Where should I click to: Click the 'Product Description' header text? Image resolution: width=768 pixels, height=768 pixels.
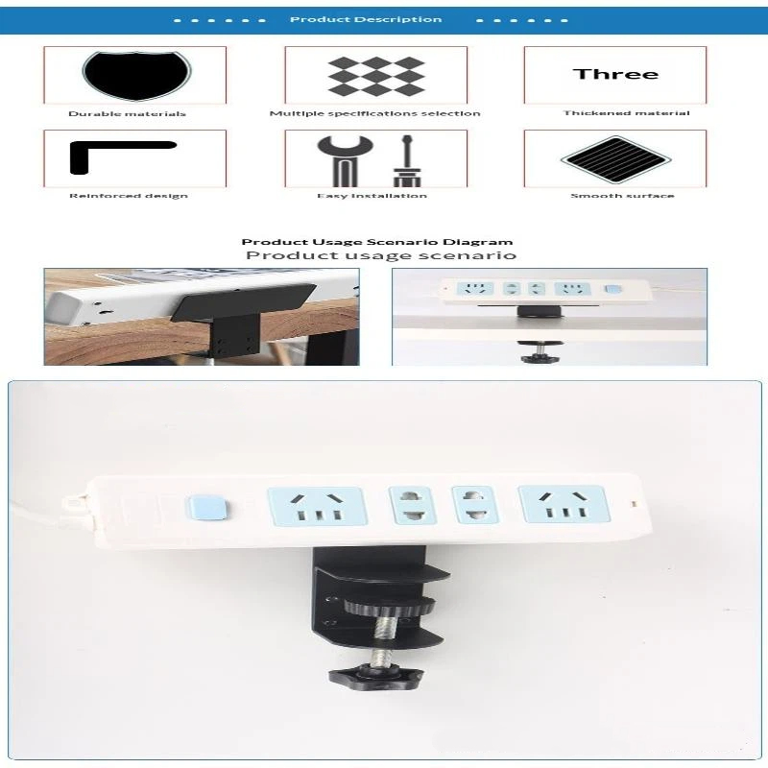point(366,19)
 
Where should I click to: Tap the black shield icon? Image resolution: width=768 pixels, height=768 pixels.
point(136,75)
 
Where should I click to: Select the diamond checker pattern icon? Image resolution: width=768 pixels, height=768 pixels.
point(375,76)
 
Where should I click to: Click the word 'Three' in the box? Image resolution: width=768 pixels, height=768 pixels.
point(615,74)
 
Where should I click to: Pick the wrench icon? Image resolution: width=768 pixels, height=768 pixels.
point(345,160)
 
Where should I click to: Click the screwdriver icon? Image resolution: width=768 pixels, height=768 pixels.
point(406,160)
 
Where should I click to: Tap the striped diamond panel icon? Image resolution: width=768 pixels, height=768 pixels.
point(615,159)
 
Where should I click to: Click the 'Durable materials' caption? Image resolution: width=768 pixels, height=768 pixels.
point(128,113)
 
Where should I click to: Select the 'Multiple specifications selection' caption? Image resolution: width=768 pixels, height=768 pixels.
point(374,113)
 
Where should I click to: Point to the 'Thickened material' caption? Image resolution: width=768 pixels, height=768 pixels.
point(627,112)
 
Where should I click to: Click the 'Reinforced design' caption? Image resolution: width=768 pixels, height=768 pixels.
point(129,196)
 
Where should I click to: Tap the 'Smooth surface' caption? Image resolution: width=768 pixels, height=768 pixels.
point(622,196)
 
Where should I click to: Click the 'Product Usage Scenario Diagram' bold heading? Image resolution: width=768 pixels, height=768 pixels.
point(377,242)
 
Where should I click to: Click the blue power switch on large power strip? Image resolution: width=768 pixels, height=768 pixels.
point(206,508)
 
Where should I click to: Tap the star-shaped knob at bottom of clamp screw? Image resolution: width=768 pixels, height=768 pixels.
point(375,676)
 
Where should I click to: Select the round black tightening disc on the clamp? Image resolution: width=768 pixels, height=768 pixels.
point(390,607)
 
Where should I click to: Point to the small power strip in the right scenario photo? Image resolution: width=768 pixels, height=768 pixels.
point(546,291)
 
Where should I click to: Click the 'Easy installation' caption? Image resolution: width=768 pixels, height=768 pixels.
point(372,196)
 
